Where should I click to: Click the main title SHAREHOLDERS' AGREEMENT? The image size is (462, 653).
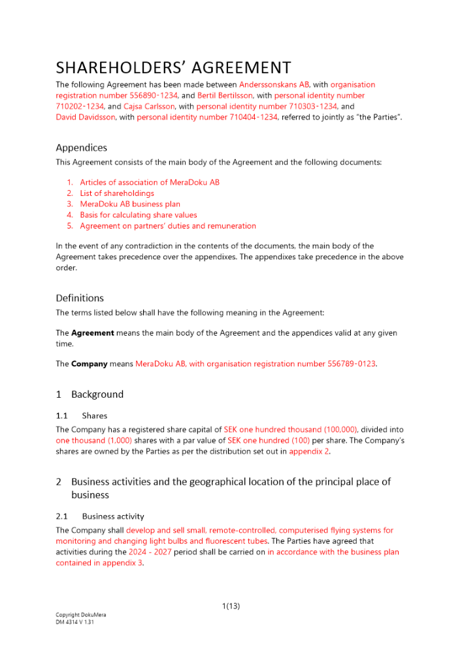(x=173, y=68)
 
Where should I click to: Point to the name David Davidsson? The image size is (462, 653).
(x=86, y=118)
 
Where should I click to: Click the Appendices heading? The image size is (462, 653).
(x=82, y=148)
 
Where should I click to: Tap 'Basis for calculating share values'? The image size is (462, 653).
(x=138, y=215)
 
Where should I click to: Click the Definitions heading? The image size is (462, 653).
(x=80, y=298)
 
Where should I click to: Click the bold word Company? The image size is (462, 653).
(x=90, y=364)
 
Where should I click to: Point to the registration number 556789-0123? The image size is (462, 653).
(x=351, y=364)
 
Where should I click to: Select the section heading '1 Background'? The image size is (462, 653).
(x=90, y=394)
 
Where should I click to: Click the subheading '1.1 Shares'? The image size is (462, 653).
(x=82, y=416)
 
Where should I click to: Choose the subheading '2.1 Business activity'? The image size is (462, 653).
(x=100, y=517)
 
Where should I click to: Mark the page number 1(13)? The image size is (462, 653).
(x=231, y=607)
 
